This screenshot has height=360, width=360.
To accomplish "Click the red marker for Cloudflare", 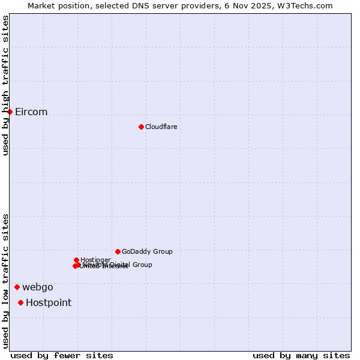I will [x=141, y=127].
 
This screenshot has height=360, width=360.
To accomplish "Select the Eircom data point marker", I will [x=10, y=112].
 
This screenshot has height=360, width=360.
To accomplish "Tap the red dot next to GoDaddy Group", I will [x=118, y=251].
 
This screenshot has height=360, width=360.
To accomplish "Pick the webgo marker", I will [x=17, y=287].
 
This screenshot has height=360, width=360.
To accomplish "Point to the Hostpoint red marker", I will [x=20, y=302].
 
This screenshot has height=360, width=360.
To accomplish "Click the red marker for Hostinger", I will [x=76, y=260].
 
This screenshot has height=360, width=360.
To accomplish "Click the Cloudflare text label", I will [x=161, y=127].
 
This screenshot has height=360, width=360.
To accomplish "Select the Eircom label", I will [x=31, y=112].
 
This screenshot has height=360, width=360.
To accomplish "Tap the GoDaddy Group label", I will [x=147, y=251].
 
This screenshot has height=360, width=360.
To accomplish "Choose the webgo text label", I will [x=38, y=287].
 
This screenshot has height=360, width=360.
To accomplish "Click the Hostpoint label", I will [x=49, y=302].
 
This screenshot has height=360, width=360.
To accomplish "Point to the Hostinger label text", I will [x=95, y=259].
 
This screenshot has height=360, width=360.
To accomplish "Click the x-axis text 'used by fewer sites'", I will [x=62, y=355].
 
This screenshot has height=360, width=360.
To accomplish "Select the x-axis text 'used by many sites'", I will [x=301, y=355].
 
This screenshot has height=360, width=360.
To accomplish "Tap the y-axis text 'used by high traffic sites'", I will [x=5, y=85].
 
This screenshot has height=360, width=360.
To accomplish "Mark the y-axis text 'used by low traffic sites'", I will [x=5, y=281].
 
